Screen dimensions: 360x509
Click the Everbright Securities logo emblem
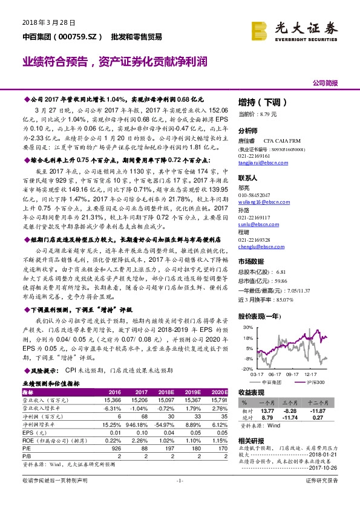(x=261, y=28)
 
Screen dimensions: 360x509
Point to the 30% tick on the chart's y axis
(x=246, y=327)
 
